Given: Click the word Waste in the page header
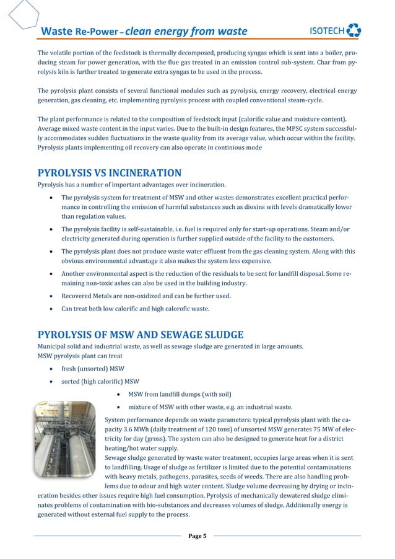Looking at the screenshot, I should click(56, 31).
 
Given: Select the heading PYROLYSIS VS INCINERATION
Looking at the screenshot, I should click(110, 172).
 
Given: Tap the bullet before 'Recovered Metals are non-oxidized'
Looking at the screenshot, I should click(50, 296).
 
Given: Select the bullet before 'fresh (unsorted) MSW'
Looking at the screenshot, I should click(50, 369).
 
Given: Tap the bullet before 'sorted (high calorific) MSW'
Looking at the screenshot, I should click(50, 381).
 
